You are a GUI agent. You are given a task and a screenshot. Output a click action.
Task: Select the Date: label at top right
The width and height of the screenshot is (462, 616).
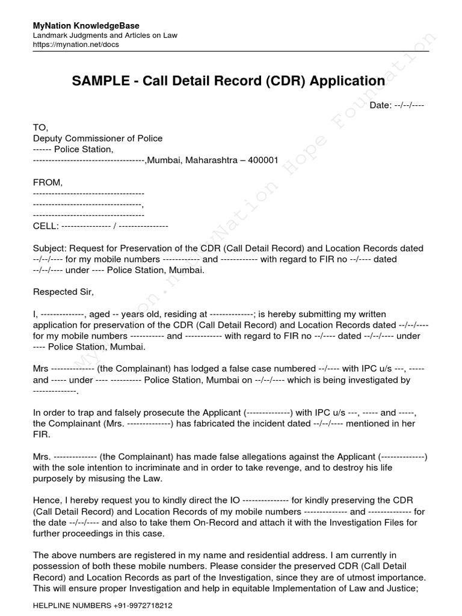tap(380, 105)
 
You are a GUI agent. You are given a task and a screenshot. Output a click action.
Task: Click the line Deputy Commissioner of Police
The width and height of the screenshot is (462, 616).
tap(97, 138)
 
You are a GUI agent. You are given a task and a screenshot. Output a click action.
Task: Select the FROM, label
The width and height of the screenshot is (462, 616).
tap(48, 182)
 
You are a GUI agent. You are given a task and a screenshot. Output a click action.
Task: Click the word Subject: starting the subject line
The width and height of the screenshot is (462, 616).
tap(50, 248)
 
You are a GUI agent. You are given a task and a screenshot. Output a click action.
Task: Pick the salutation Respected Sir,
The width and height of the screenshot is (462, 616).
tap(63, 292)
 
